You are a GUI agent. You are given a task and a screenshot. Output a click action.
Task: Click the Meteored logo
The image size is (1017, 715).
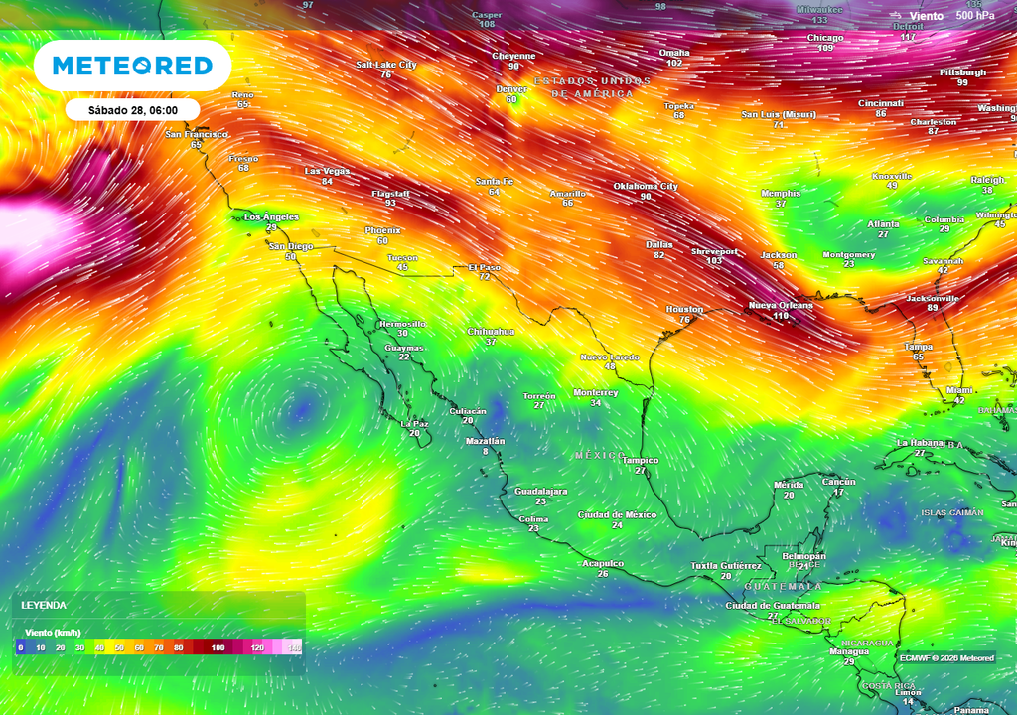click(x=132, y=66)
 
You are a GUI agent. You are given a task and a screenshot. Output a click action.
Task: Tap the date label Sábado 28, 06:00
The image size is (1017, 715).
click(x=132, y=110)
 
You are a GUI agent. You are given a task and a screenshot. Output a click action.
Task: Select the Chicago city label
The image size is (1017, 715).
click(x=825, y=38)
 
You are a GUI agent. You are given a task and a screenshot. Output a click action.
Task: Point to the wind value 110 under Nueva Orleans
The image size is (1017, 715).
click(x=780, y=316)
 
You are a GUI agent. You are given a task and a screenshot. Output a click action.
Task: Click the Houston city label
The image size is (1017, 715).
click(x=684, y=309)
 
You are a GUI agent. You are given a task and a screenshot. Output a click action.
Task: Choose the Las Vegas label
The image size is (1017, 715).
click(x=327, y=171)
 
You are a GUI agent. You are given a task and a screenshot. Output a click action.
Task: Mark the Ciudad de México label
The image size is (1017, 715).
click(x=617, y=514)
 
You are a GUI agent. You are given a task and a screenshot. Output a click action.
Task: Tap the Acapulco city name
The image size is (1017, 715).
click(x=603, y=563)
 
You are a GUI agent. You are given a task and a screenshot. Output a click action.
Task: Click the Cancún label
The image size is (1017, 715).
click(x=839, y=481)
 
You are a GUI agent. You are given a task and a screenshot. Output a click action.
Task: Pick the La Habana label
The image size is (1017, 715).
click(x=919, y=442)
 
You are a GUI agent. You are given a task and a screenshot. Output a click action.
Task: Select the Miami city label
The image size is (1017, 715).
click(x=959, y=390)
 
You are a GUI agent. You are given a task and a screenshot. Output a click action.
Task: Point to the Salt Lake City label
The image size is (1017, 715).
click(x=386, y=65)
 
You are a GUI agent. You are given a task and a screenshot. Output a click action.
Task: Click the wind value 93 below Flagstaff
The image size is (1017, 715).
click(x=390, y=203)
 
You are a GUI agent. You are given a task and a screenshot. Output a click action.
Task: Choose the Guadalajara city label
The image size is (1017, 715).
click(x=540, y=491)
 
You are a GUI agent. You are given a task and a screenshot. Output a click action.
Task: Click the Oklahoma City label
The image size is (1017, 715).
click(x=646, y=186)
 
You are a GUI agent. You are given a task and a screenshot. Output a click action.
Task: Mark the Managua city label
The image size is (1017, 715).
click(x=849, y=651)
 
